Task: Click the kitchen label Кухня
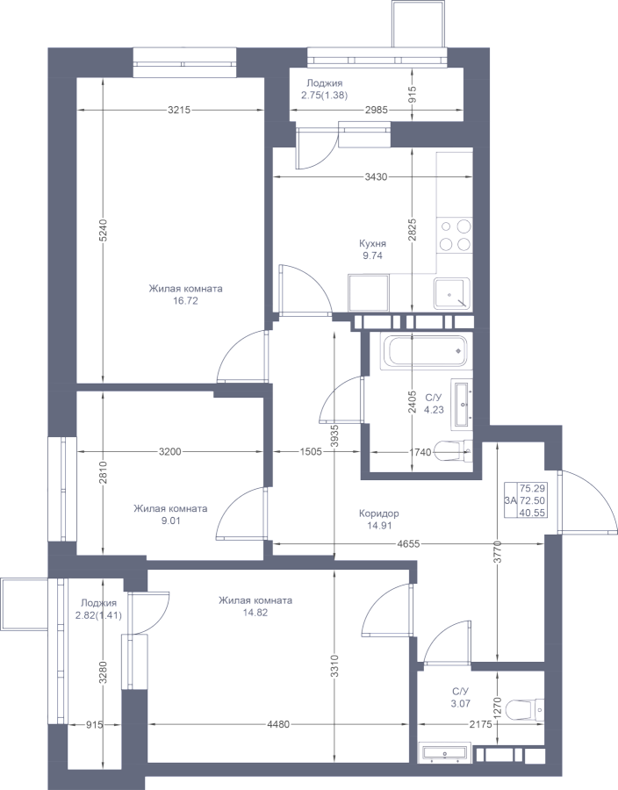click(372, 244)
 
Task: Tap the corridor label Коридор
click(378, 513)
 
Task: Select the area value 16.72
click(185, 301)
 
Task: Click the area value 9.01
click(170, 521)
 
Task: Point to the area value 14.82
click(255, 613)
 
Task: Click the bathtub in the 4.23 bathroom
click(425, 351)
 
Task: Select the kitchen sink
click(452, 293)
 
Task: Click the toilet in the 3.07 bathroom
click(524, 709)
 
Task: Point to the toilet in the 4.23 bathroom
click(453, 451)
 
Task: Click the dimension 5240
click(103, 230)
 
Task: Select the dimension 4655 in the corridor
click(408, 543)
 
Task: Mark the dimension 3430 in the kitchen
click(376, 176)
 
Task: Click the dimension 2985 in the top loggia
click(376, 110)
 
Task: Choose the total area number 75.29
click(532, 488)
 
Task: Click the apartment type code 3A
click(510, 500)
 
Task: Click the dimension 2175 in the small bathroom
click(480, 724)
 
